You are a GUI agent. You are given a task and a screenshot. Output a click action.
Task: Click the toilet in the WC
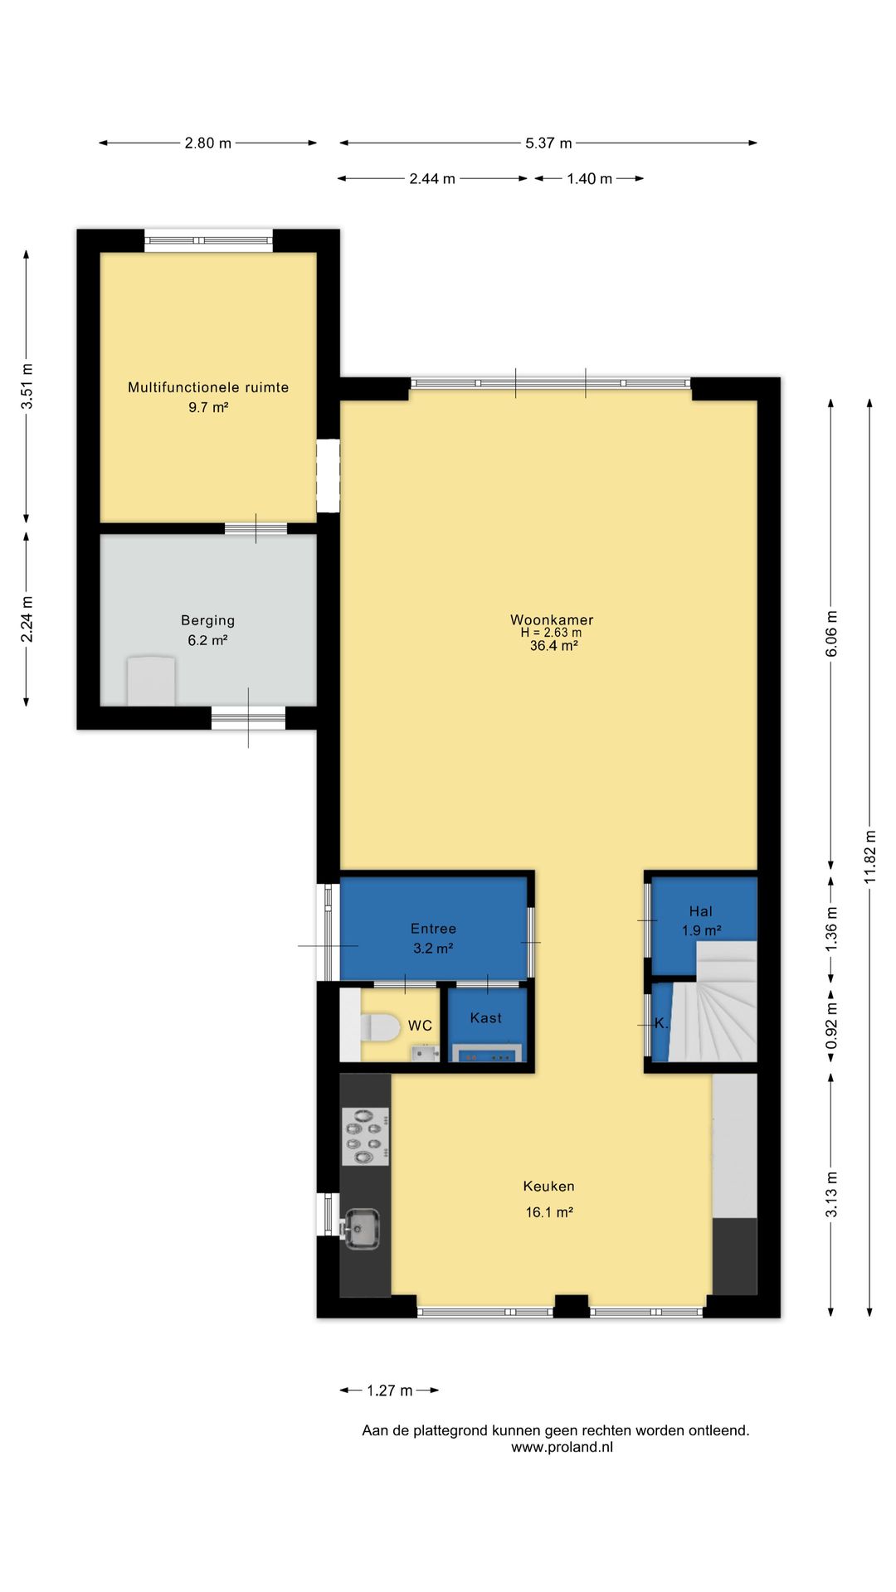click(x=381, y=1027)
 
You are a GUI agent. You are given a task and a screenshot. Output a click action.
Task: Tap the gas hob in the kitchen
click(x=366, y=1137)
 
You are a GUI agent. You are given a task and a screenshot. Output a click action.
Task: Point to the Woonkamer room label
click(x=552, y=620)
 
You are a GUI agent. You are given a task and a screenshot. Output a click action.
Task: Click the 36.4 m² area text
click(x=554, y=646)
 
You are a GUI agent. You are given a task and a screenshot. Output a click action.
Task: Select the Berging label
click(x=208, y=621)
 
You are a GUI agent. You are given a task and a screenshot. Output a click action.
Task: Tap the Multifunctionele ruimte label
click(x=208, y=387)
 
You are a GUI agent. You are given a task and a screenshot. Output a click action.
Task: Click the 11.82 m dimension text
click(x=870, y=857)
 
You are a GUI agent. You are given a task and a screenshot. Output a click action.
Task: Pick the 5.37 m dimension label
click(x=548, y=143)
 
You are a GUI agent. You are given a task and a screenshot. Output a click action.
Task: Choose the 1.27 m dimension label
click(x=390, y=1391)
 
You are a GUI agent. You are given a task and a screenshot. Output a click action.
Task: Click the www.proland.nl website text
click(x=562, y=1448)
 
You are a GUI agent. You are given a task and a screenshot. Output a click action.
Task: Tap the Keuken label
click(x=548, y=1187)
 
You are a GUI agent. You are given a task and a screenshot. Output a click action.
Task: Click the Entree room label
click(x=433, y=929)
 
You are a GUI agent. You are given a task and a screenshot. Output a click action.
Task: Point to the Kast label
click(x=486, y=1018)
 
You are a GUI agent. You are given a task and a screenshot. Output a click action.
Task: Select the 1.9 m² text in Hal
click(x=702, y=931)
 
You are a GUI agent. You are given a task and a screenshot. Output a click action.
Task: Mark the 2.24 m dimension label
click(x=27, y=619)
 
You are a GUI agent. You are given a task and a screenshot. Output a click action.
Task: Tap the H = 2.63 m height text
click(x=551, y=633)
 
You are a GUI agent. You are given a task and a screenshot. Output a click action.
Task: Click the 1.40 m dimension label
click(x=589, y=179)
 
